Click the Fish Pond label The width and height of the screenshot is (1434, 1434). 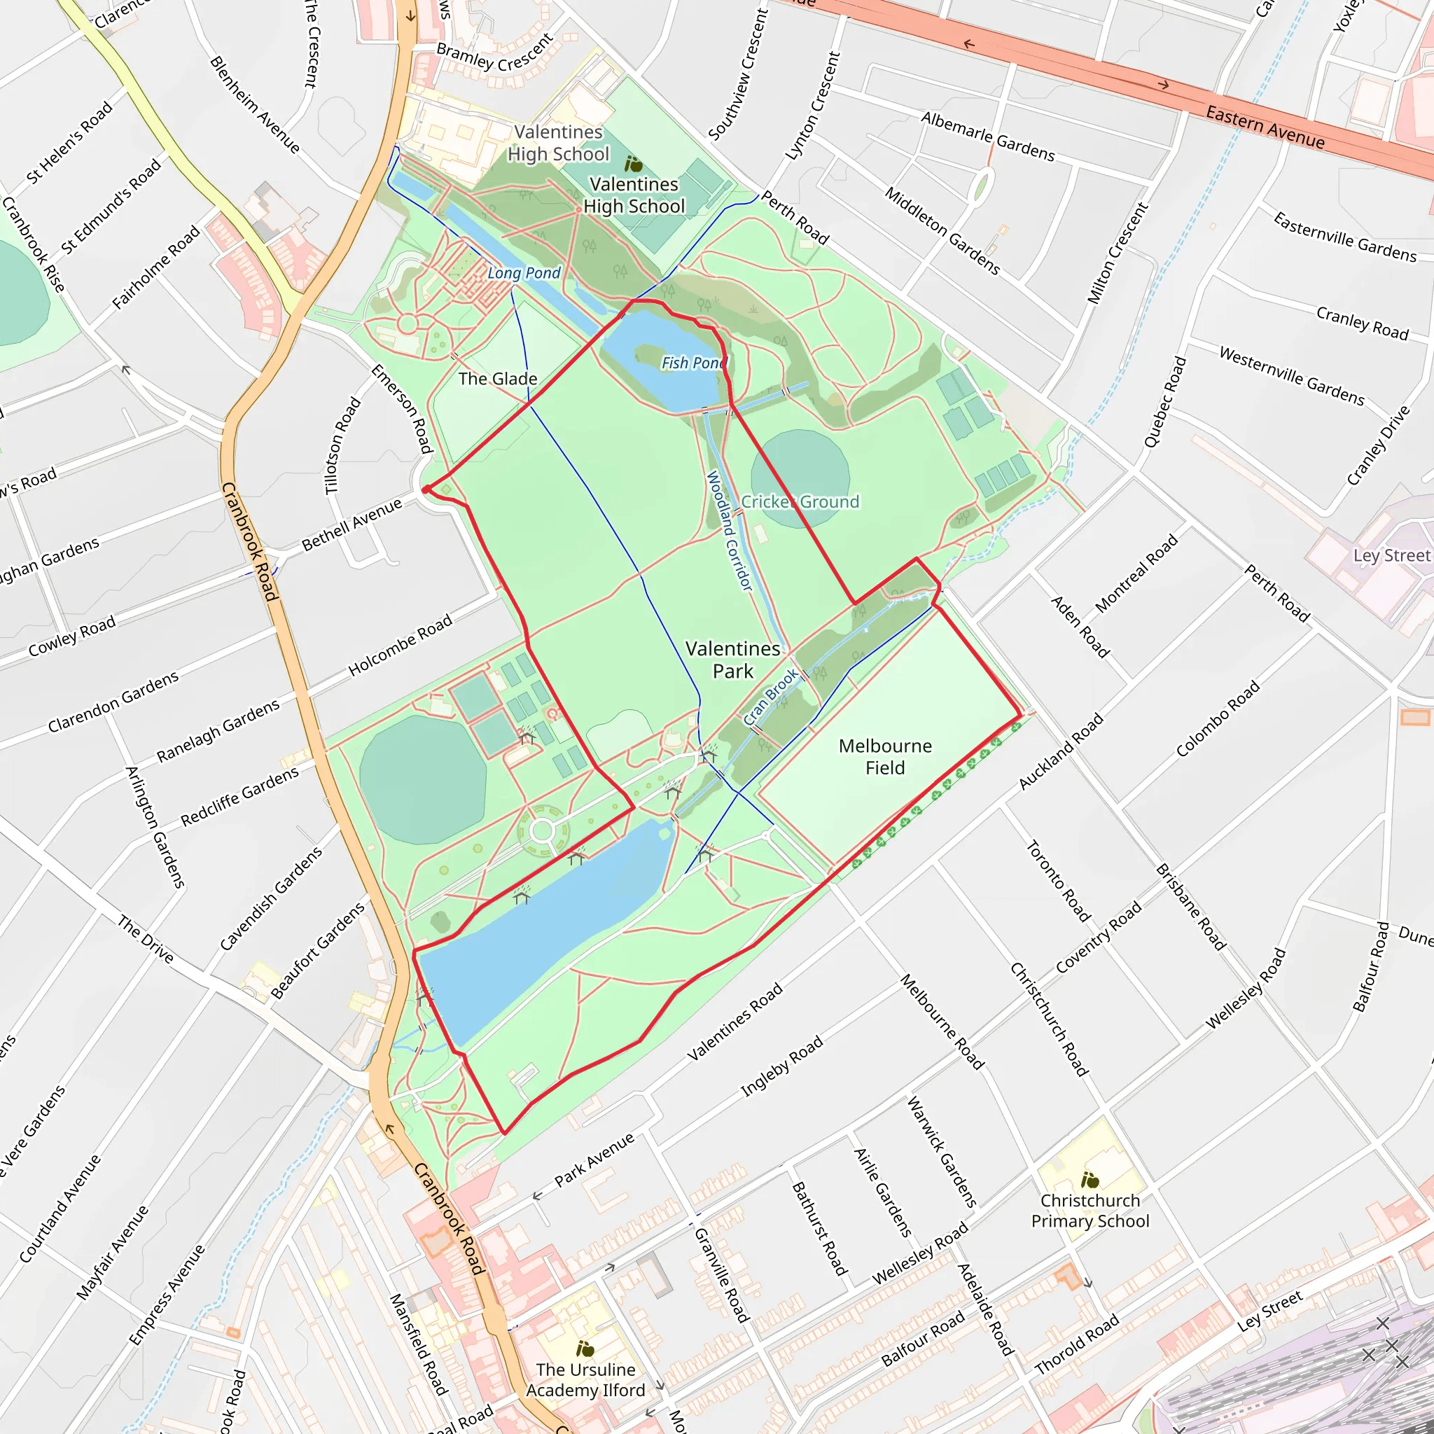coord(693,362)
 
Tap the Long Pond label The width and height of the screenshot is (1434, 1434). coord(523,273)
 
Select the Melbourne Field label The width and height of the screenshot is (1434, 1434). coord(885,756)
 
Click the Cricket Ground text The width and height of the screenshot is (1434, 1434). coord(800,502)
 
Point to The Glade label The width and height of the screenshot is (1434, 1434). coord(497,379)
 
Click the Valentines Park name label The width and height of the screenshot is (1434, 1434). coord(732,659)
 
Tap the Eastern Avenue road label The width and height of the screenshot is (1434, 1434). coord(1265,127)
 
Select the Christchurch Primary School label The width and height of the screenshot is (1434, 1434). coord(1090,1211)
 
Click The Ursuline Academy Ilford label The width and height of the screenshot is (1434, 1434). coord(585,1380)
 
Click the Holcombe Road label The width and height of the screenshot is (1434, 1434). coord(400,645)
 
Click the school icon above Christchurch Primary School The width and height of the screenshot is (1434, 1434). coord(1090,1179)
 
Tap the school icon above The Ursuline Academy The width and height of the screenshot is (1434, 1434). coord(585,1348)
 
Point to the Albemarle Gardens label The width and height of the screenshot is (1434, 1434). coord(987,137)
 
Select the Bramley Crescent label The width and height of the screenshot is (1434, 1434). coord(494,52)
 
